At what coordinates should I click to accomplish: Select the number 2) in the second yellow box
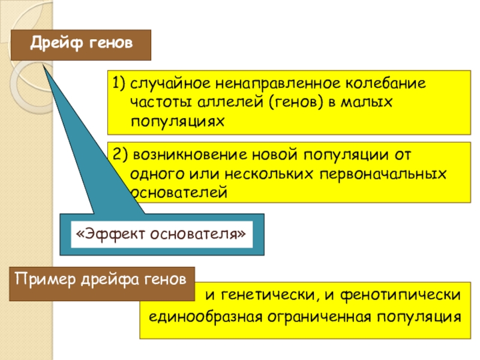click(x=119, y=154)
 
